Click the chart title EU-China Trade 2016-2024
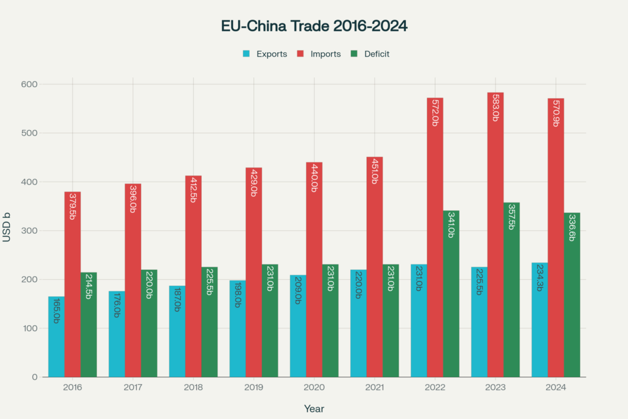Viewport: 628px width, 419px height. pos(314,26)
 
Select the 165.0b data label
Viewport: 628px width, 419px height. pos(56,310)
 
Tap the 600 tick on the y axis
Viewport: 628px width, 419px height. pos(29,84)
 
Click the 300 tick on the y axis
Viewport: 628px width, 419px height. pos(29,231)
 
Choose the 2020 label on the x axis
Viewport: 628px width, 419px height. pos(314,388)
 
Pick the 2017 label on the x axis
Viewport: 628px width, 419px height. pos(133,388)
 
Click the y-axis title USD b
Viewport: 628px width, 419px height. pos(7,231)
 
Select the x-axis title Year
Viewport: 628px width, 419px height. pos(314,409)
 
